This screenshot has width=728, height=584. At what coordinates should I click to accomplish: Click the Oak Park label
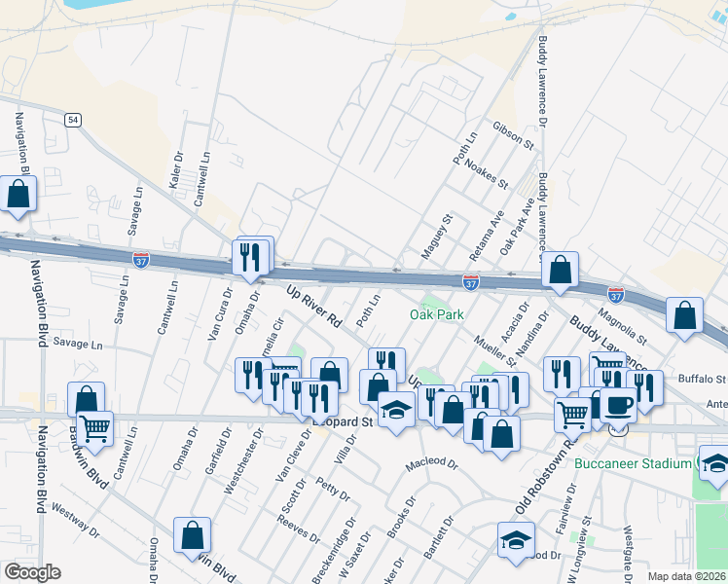click(x=435, y=314)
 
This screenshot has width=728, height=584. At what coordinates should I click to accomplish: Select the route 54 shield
click(x=73, y=120)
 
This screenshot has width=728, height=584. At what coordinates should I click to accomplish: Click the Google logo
click(x=32, y=572)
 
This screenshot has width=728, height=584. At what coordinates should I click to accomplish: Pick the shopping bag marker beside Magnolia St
click(x=685, y=314)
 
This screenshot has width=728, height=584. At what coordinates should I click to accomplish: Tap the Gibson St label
click(x=514, y=136)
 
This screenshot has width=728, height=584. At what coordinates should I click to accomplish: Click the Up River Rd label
click(x=314, y=305)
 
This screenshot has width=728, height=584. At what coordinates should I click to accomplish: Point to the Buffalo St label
click(x=702, y=378)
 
